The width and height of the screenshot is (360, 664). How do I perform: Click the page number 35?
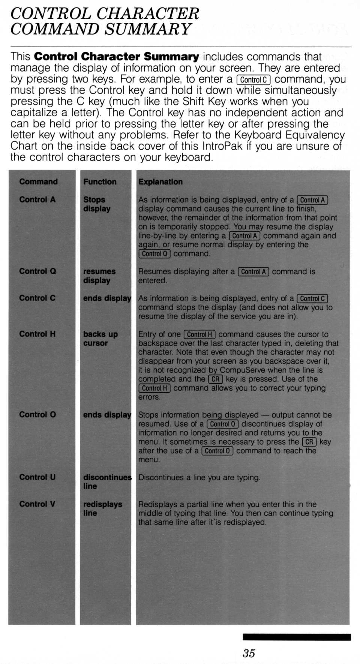click(249, 653)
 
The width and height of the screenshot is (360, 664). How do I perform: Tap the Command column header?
click(38, 182)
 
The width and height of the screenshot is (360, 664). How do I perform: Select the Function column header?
click(100, 182)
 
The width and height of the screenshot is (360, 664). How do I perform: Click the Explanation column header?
click(160, 182)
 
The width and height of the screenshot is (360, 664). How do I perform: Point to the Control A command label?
click(37, 200)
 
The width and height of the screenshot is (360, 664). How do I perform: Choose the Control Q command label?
click(37, 271)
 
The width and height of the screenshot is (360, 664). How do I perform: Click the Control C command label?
click(37, 298)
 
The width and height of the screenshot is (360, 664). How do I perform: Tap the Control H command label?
click(37, 334)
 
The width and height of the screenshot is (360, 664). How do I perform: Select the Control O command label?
click(37, 415)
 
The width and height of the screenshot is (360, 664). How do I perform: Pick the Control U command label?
click(37, 477)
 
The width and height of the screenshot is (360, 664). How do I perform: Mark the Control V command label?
click(37, 504)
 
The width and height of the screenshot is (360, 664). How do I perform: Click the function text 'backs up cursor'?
click(100, 338)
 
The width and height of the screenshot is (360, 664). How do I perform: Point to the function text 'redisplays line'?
click(102, 509)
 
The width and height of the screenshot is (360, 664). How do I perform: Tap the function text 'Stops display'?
click(96, 204)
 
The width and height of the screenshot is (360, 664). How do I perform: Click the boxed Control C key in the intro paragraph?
click(253, 80)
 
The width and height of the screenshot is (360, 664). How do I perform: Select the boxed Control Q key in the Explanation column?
click(154, 254)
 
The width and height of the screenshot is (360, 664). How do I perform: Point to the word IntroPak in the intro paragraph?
click(222, 146)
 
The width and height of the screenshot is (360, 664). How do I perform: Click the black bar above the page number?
click(297, 637)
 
